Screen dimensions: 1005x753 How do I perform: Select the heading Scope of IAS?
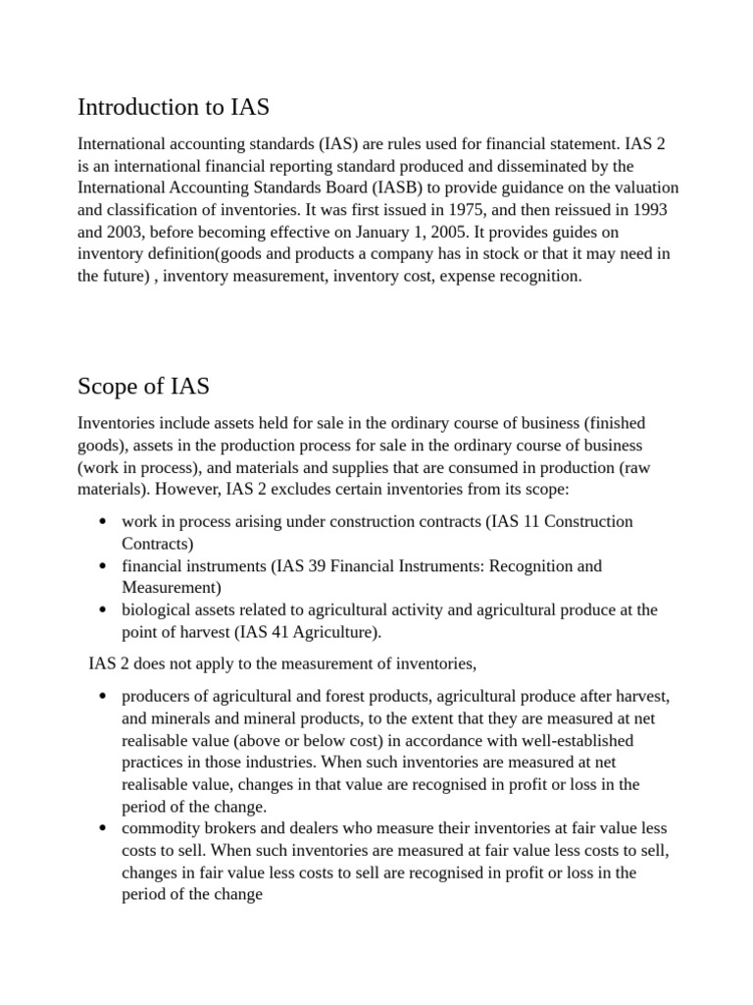[143, 386]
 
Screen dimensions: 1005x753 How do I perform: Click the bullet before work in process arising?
[102, 521]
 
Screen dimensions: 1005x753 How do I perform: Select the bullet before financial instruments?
[102, 566]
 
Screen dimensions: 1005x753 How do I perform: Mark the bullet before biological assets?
[102, 609]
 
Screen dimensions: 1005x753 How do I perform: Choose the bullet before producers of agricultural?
[102, 697]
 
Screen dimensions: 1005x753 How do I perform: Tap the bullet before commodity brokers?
[102, 828]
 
